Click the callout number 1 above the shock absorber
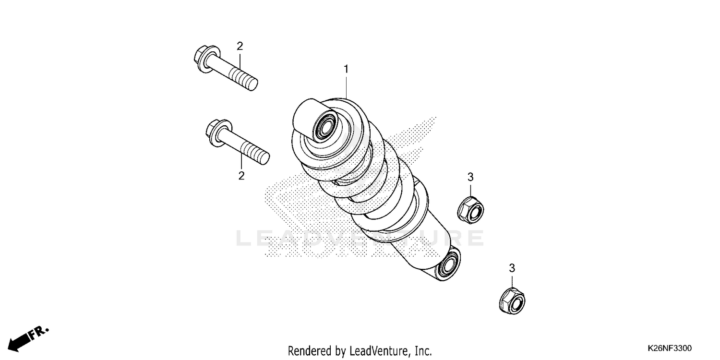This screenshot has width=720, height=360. pos(346,70)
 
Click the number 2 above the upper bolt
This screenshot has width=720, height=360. pos(240,46)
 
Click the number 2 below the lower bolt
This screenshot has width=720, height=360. pos(241,176)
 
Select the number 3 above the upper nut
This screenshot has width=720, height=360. pos(470,177)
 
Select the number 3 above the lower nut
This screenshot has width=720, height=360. pos(512,268)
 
